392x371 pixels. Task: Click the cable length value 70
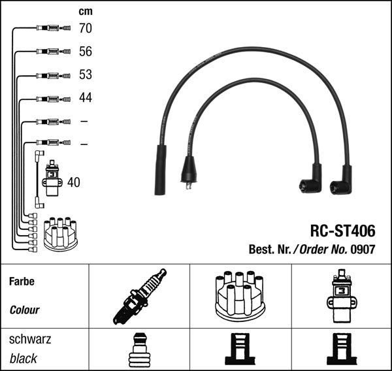pyautogui.click(x=85, y=28)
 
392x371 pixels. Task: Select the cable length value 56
pyautogui.click(x=85, y=52)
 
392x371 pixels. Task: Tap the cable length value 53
pyautogui.click(x=85, y=75)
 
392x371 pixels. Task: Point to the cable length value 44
pyautogui.click(x=85, y=98)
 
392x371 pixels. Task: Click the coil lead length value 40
pyautogui.click(x=74, y=183)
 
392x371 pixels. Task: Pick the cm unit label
pyautogui.click(x=85, y=11)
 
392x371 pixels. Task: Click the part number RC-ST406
pyautogui.click(x=342, y=231)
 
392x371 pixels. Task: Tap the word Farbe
pyautogui.click(x=22, y=282)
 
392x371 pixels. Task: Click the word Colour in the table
pyautogui.click(x=24, y=310)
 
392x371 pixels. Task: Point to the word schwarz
pyautogui.click(x=29, y=340)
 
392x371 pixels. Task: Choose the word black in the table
pyautogui.click(x=24, y=359)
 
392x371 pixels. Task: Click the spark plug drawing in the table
pyautogui.click(x=139, y=296)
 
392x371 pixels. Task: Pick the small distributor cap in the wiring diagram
pyautogui.click(x=60, y=234)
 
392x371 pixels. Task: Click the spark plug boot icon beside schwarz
pyautogui.click(x=139, y=350)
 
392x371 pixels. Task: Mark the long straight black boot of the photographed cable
pyautogui.click(x=160, y=170)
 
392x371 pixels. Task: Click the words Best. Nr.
pyautogui.click(x=270, y=249)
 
